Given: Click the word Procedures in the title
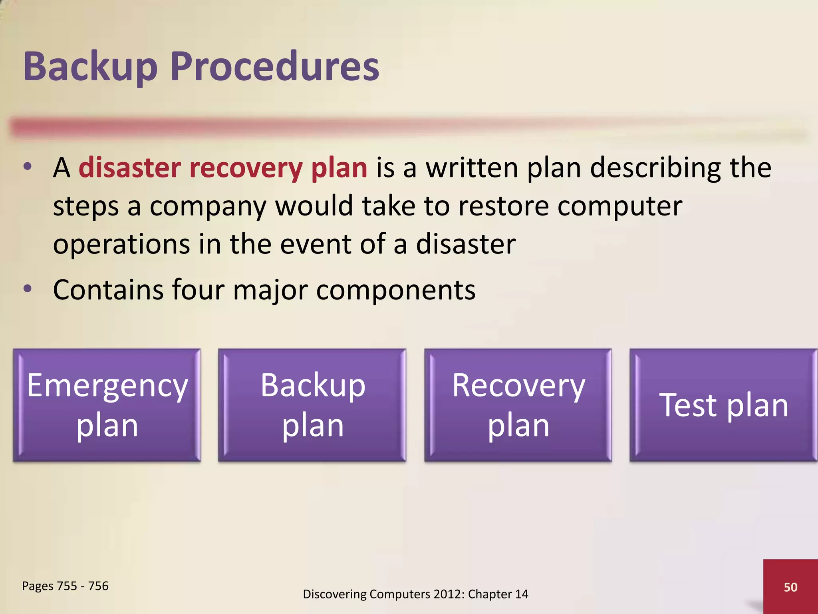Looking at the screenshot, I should (275, 67).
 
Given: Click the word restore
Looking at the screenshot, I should (503, 206).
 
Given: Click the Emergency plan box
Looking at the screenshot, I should (107, 405).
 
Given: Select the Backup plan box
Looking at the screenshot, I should (312, 405).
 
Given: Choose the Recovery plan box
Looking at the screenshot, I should (518, 405).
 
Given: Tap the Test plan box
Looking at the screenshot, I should (723, 405).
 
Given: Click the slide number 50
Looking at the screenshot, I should (790, 587).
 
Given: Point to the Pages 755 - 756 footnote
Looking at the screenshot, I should (65, 586).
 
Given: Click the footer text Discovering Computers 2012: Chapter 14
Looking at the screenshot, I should (415, 594).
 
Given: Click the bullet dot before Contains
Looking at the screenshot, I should (27, 289).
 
